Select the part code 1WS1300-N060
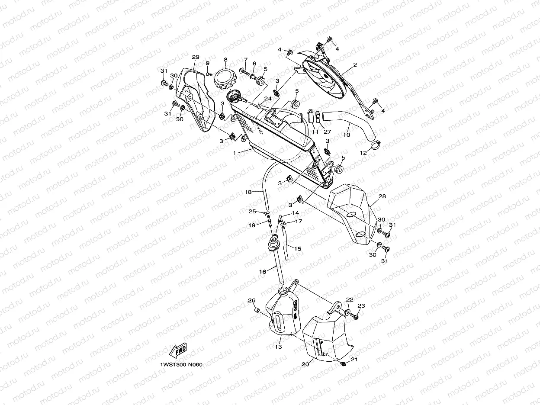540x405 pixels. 181,364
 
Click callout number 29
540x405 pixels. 195,57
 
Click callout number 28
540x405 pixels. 382,196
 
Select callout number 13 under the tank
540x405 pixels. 278,347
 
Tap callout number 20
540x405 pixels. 305,364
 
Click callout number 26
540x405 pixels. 251,300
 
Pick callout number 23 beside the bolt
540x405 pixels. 361,306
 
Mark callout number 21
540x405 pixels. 354,359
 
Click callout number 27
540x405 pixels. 327,132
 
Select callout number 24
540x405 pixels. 268,99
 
